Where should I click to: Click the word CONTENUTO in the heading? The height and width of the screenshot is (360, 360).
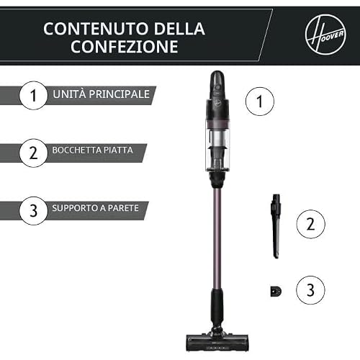[96, 29]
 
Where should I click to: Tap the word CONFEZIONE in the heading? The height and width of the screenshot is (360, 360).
[125, 46]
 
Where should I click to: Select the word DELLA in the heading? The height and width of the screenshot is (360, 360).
[179, 29]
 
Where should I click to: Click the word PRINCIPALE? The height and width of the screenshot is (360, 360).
[120, 94]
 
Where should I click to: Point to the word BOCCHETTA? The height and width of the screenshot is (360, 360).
[77, 150]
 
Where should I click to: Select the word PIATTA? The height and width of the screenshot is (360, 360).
[118, 150]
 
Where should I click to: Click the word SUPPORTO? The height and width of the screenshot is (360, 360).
[75, 208]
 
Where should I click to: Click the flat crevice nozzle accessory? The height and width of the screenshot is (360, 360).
[276, 226]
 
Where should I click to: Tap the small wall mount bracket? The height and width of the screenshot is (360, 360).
[276, 292]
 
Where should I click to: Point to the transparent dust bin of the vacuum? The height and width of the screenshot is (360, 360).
[217, 146]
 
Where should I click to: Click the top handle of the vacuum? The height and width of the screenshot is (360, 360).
[217, 84]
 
